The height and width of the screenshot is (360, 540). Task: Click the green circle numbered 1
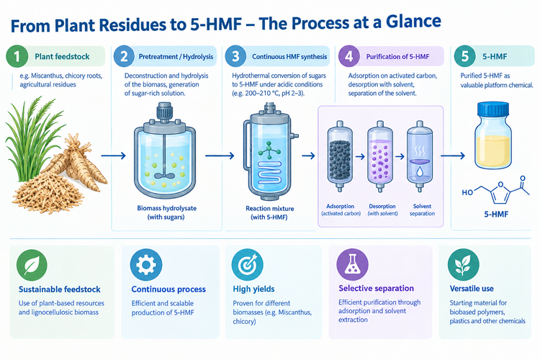(x=17, y=56)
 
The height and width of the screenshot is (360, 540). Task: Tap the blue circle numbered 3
(x=236, y=56)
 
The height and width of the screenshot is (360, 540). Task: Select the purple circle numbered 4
(x=349, y=56)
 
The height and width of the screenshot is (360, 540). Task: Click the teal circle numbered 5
(x=465, y=56)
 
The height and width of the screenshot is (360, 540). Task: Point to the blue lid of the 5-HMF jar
(x=493, y=109)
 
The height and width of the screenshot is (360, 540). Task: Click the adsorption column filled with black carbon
(x=340, y=156)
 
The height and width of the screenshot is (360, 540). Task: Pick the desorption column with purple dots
(x=380, y=156)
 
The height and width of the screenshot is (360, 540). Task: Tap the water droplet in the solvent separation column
(x=419, y=171)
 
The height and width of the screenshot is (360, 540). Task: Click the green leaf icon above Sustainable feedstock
(x=32, y=265)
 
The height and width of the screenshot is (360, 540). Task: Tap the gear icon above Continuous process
(x=146, y=265)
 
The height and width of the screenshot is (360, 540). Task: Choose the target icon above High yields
(x=248, y=264)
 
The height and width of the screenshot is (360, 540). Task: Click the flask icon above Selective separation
(x=352, y=264)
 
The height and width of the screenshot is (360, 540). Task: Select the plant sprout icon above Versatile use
(x=463, y=264)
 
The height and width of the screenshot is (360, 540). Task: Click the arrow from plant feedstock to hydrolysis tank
(x=113, y=156)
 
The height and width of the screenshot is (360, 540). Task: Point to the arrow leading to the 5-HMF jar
(x=453, y=156)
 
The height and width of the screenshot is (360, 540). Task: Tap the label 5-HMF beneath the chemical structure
(x=496, y=215)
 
